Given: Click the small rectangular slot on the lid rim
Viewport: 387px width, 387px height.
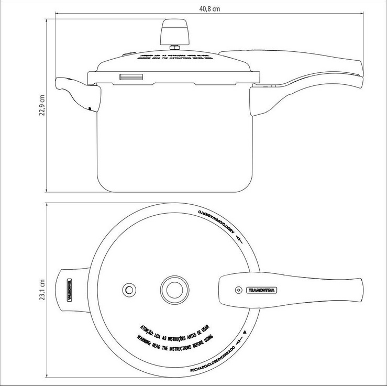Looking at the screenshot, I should pyautogui.click(x=130, y=77).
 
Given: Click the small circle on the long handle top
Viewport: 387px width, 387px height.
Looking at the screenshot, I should pyautogui.click(x=238, y=290).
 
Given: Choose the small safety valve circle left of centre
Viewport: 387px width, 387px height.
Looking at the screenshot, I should pyautogui.click(x=128, y=290).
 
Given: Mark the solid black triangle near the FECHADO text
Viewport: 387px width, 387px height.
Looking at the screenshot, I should pyautogui.click(x=246, y=334).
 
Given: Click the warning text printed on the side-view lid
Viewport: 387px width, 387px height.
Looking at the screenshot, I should pyautogui.click(x=173, y=59).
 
